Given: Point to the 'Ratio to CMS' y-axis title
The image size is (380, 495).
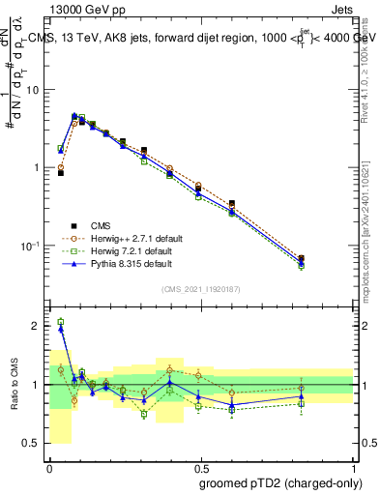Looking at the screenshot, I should (16, 385).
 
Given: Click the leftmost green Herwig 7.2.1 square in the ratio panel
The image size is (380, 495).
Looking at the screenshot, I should (61, 322).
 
